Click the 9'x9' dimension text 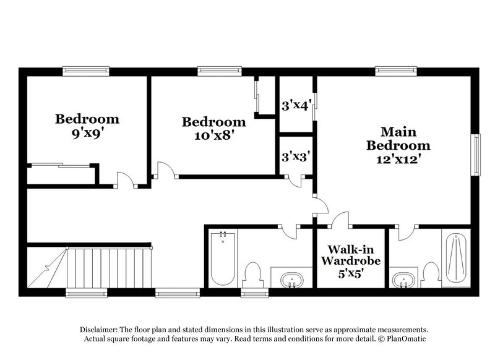coord(87,131)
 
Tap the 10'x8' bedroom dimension coord(213,134)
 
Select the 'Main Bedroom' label coord(398,139)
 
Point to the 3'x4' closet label coord(295,106)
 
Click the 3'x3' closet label coord(295,157)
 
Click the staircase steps coord(108,267)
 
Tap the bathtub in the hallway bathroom coord(222,258)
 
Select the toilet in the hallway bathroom coord(252,272)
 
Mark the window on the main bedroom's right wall coord(476,155)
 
